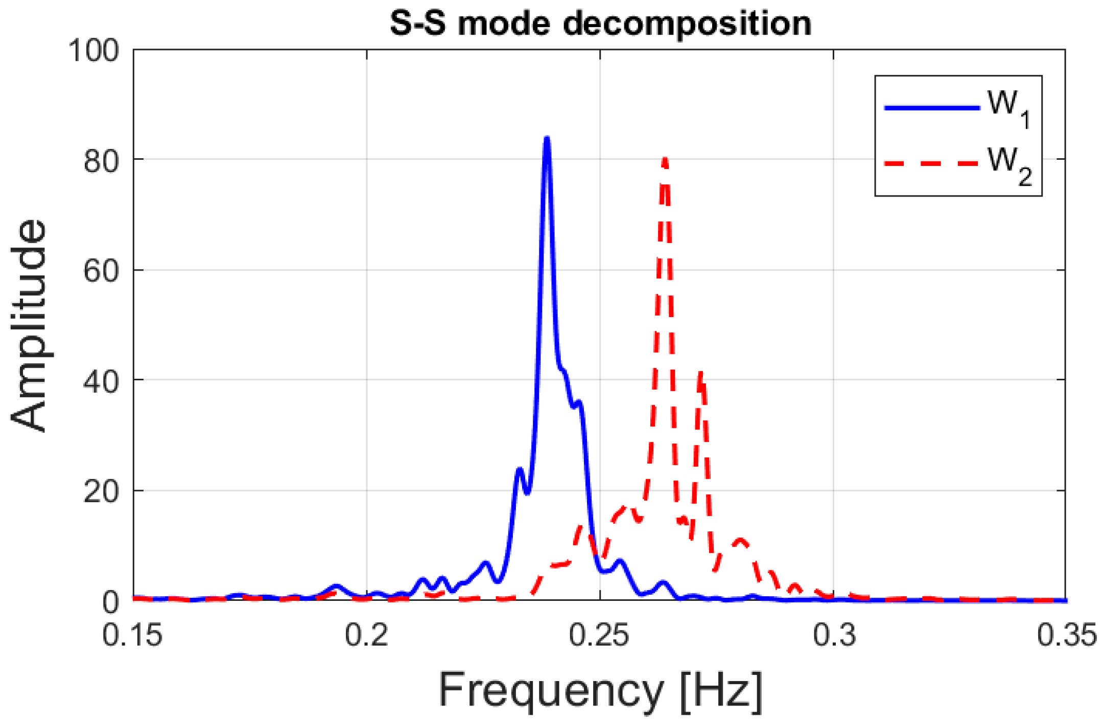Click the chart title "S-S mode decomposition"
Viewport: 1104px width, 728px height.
[x=600, y=23]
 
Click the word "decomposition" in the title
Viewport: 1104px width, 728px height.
[x=687, y=23]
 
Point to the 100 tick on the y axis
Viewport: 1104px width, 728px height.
[x=93, y=51]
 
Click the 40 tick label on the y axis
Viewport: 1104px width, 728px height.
[x=101, y=381]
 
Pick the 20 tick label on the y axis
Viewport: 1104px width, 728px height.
[x=101, y=492]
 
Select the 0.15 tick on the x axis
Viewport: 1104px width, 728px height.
[x=132, y=636]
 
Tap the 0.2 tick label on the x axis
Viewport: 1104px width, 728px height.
[x=366, y=636]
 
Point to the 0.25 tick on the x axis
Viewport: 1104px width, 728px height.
[x=599, y=636]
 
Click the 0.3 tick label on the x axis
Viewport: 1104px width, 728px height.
[x=834, y=636]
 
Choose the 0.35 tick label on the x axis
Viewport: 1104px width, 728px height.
[x=1067, y=636]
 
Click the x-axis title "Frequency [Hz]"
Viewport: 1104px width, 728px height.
[x=600, y=690]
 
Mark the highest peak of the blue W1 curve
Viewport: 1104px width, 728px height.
[x=547, y=138]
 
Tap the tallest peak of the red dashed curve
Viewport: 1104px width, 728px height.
[x=665, y=160]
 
